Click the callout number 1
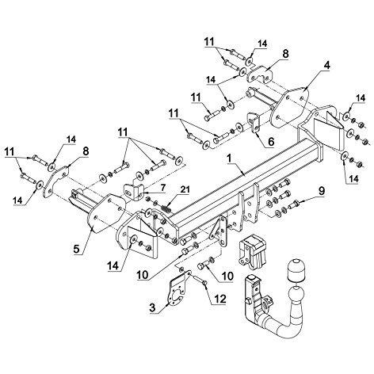pyautogui.click(x=229, y=158)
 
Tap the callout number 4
pyautogui.click(x=326, y=66)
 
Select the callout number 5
pyautogui.click(x=76, y=249)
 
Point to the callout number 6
pyautogui.click(x=271, y=142)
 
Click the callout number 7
pyautogui.click(x=162, y=188)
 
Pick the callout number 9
pyautogui.click(x=321, y=192)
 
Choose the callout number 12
pyautogui.click(x=220, y=299)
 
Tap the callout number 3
pyautogui.click(x=152, y=307)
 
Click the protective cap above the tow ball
pyautogui.click(x=296, y=271)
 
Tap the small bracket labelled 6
pyautogui.click(x=254, y=122)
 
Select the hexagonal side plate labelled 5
pyautogui.click(x=106, y=213)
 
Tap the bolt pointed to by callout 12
pyautogui.click(x=200, y=280)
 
